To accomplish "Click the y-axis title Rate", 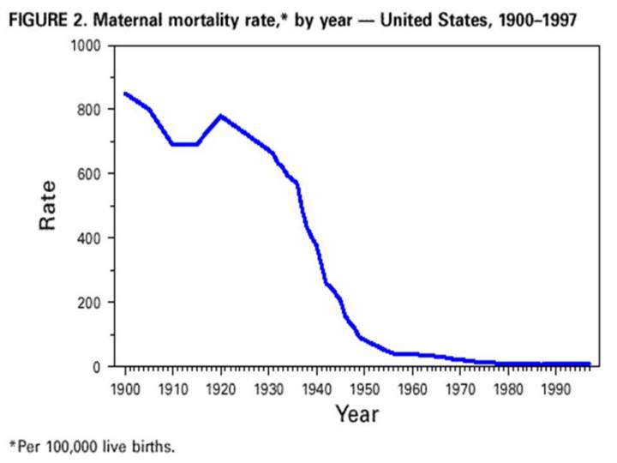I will tap(49, 205).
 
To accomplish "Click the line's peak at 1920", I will tap(222, 116).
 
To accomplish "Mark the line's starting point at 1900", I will tap(126, 93).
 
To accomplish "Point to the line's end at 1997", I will tap(589, 364).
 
